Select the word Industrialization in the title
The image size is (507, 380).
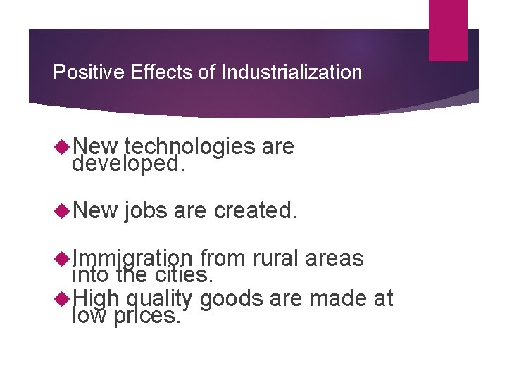[291, 72]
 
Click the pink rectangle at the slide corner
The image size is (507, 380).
[448, 30]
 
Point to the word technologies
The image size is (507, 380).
[189, 146]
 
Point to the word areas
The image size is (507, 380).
[334, 258]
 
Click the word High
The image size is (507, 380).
[94, 300]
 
